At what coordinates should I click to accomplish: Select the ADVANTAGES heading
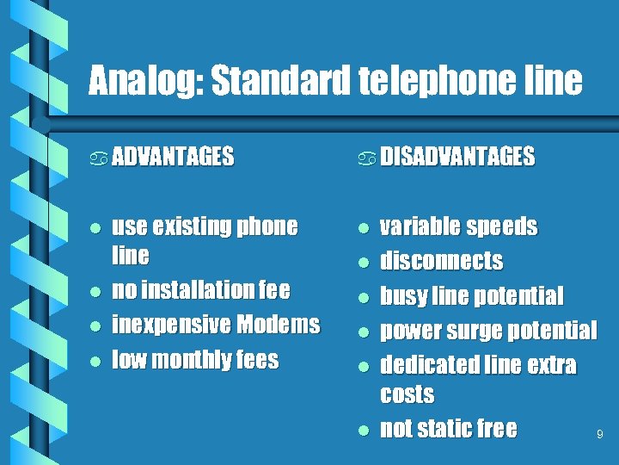pyautogui.click(x=173, y=157)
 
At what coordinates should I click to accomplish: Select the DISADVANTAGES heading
pyautogui.click(x=457, y=157)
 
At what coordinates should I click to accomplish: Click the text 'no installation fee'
pyautogui.click(x=201, y=290)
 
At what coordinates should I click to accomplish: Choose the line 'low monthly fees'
pyautogui.click(x=195, y=359)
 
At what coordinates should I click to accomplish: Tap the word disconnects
pyautogui.click(x=441, y=261)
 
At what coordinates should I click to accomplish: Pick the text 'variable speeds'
pyautogui.click(x=458, y=227)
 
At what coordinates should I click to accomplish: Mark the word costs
pyautogui.click(x=407, y=395)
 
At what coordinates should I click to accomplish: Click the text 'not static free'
pyautogui.click(x=448, y=429)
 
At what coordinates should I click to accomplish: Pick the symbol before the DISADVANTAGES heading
pyautogui.click(x=367, y=158)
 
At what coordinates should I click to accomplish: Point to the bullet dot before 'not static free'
pyautogui.click(x=364, y=430)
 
